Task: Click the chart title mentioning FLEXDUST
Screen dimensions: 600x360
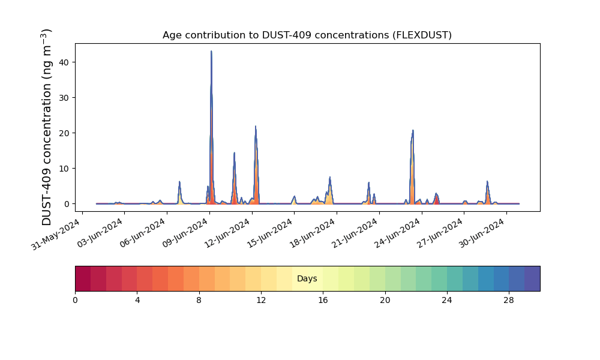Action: click(307, 35)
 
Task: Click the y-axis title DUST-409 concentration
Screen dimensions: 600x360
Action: click(46, 127)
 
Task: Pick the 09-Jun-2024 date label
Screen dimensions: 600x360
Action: click(185, 233)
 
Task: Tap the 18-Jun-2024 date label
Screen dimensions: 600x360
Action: click(312, 233)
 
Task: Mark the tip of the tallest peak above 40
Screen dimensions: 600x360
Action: click(211, 51)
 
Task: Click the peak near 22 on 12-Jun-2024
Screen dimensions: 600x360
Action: click(255, 126)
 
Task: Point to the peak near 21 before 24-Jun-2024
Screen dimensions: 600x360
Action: click(413, 130)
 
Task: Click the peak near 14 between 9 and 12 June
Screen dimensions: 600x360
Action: click(234, 152)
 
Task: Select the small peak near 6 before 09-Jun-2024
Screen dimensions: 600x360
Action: click(179, 182)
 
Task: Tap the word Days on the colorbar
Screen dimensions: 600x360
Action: click(307, 278)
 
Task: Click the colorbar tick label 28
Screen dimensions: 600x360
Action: click(509, 301)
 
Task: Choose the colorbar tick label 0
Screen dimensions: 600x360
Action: click(75, 301)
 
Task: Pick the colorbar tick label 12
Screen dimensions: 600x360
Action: click(261, 301)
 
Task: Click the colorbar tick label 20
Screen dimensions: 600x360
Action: click(385, 301)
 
